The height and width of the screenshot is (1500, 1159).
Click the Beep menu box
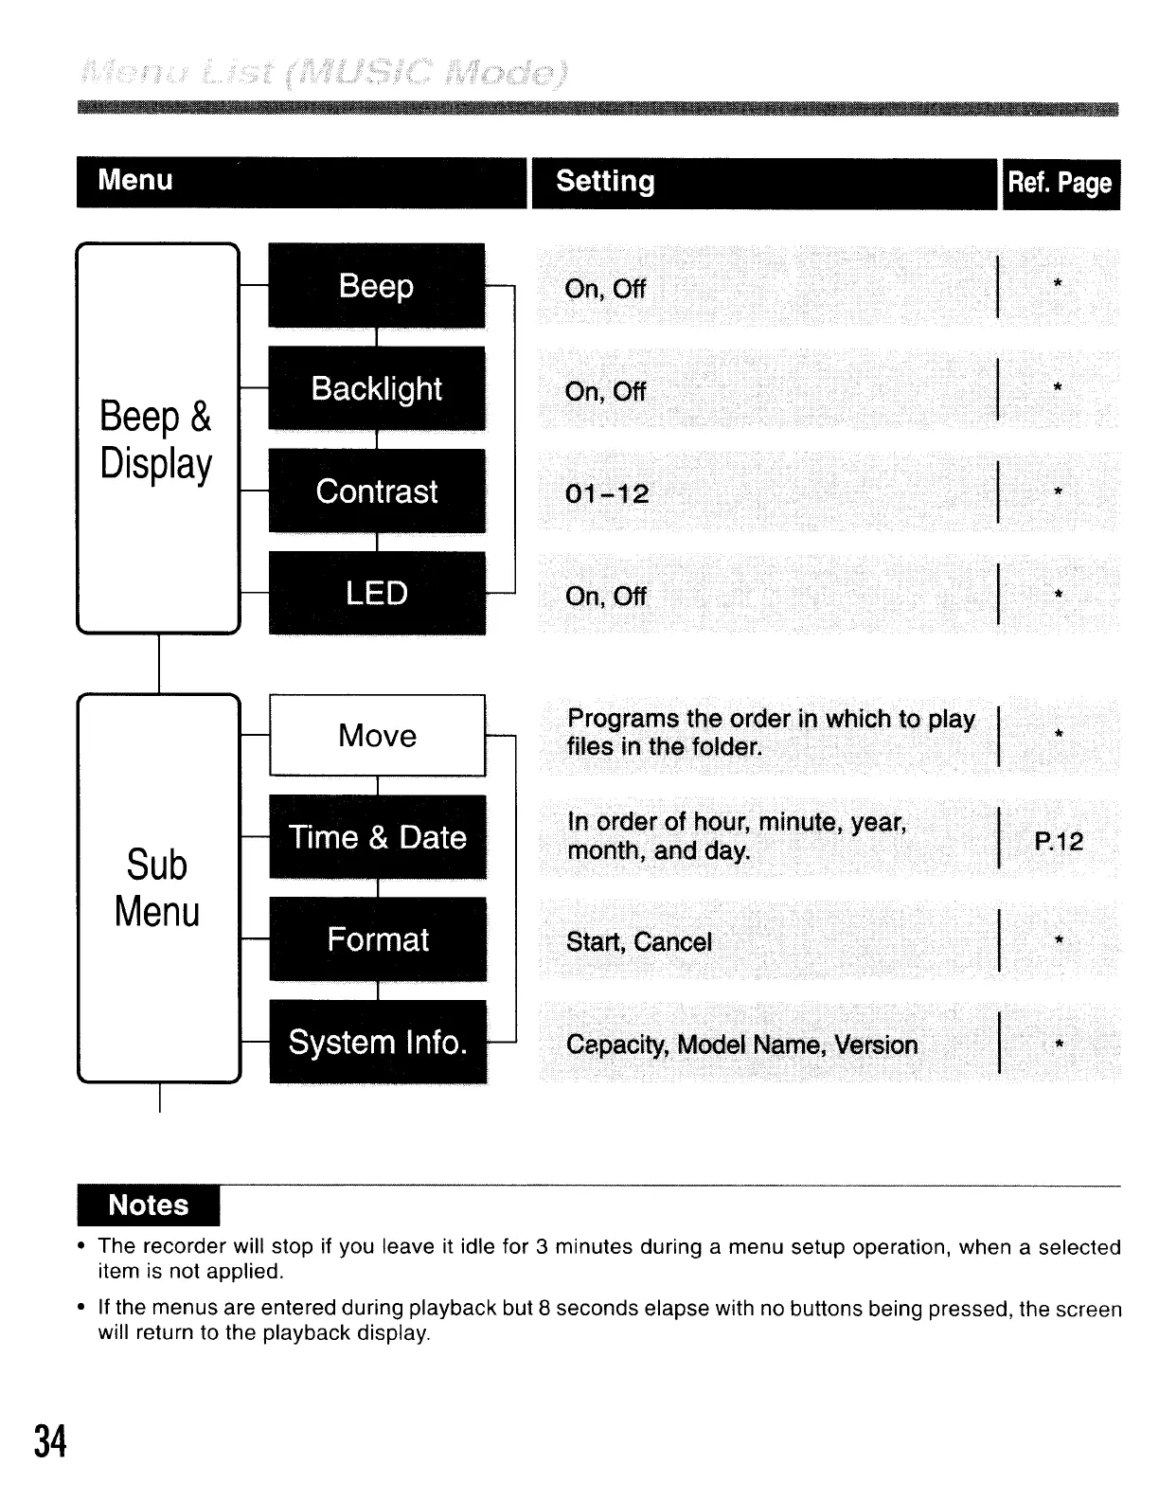point(377,286)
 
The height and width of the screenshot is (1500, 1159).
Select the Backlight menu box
point(377,388)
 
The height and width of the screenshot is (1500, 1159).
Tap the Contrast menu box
point(377,491)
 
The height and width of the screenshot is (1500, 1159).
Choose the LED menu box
point(377,594)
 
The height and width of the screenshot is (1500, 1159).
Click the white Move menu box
point(377,736)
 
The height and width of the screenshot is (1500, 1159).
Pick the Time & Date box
point(378,837)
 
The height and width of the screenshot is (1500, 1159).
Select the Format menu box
point(378,939)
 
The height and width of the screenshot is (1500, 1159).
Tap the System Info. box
point(378,1042)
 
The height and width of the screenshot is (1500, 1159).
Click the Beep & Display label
point(156,440)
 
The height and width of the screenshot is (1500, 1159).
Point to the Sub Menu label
point(157,888)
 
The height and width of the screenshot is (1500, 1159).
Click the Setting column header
point(605,182)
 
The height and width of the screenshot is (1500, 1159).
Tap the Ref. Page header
point(1060,183)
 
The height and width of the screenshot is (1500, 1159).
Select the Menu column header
point(135,180)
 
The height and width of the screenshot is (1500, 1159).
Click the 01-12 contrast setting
point(607,493)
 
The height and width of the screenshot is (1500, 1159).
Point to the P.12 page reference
point(1059,841)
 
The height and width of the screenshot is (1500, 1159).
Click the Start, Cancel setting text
point(639,942)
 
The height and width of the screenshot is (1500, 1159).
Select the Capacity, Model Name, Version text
point(742,1045)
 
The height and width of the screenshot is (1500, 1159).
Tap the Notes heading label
point(149,1205)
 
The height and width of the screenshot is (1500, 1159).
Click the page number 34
point(51,1441)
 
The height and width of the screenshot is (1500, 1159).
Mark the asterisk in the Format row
point(1059,940)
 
